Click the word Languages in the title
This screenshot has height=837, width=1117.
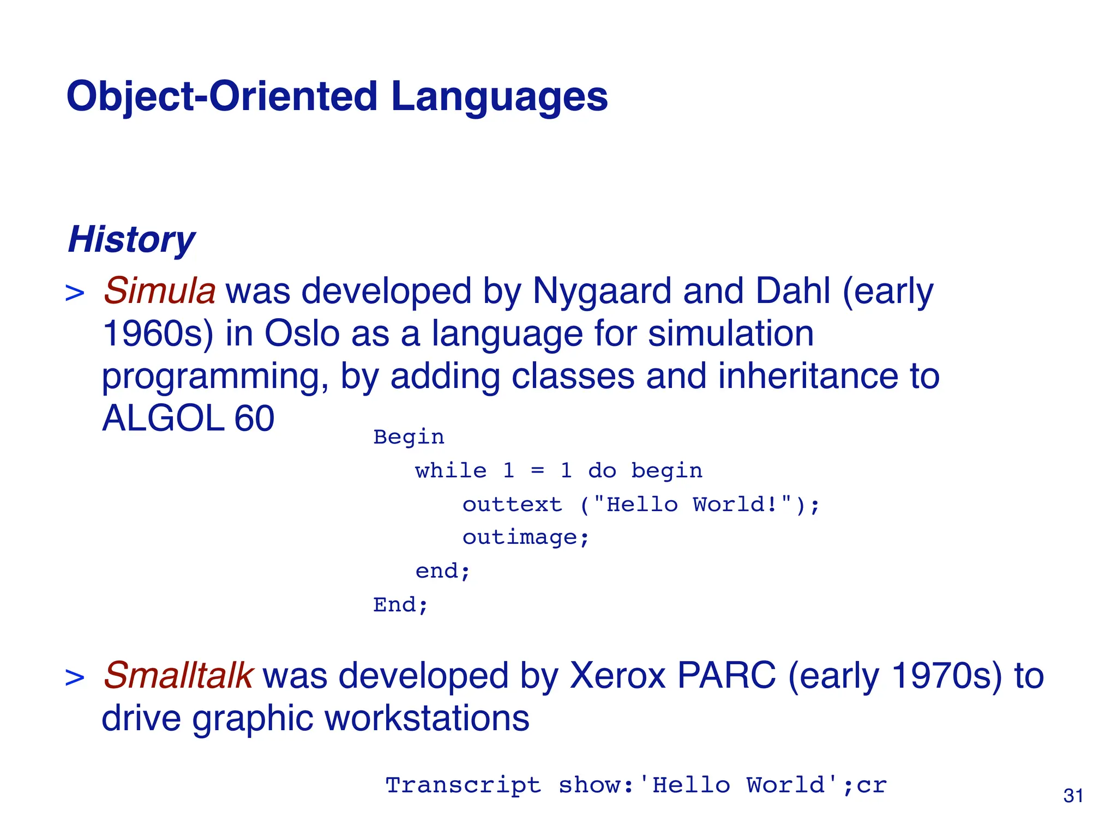[x=499, y=97]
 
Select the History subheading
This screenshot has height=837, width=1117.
[x=131, y=240]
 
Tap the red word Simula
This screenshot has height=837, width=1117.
[x=159, y=290]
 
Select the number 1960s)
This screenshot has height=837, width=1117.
[x=158, y=333]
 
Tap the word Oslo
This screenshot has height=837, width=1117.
[x=302, y=333]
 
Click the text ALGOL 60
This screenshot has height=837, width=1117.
[x=188, y=418]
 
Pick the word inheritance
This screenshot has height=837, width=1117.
[x=807, y=376]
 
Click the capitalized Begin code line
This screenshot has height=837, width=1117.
[x=409, y=438]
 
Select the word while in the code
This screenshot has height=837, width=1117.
[x=451, y=471]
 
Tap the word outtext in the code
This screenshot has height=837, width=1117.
[x=512, y=505]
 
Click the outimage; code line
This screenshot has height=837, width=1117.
[x=526, y=538]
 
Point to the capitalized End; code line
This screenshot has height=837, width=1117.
[x=400, y=605]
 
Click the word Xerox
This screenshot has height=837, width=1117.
[x=618, y=676]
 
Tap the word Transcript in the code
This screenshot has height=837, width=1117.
[x=463, y=786]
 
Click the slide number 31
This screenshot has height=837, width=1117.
[x=1073, y=796]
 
